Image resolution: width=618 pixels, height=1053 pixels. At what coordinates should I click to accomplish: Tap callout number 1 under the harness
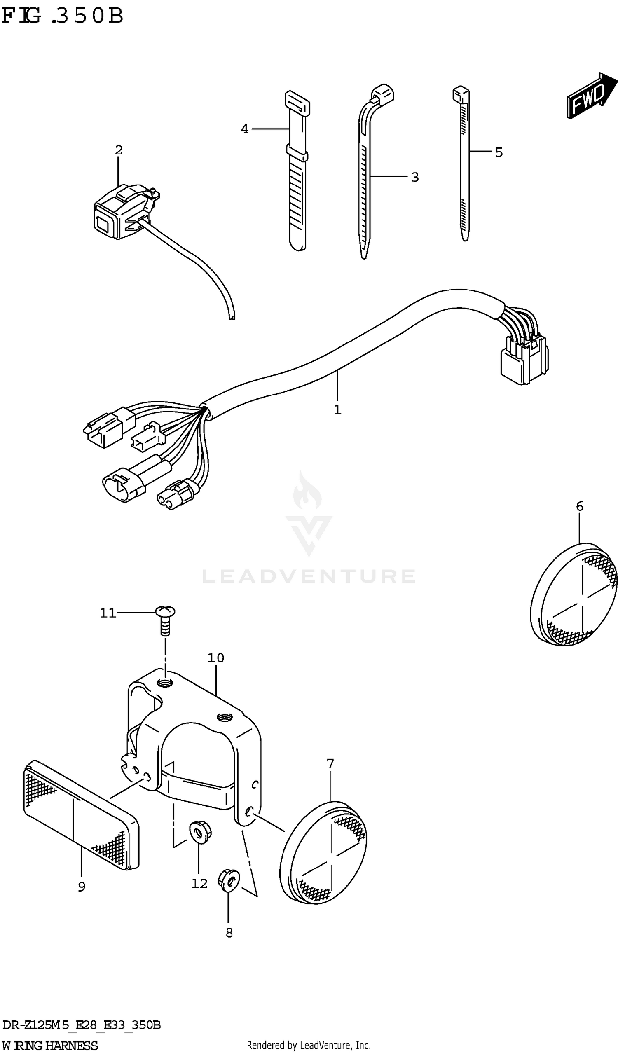point(337,410)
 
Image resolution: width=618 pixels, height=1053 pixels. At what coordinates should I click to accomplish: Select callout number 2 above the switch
point(119,150)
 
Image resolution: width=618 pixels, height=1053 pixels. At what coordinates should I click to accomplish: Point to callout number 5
point(499,152)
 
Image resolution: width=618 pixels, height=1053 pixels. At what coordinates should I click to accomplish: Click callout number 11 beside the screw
point(108,613)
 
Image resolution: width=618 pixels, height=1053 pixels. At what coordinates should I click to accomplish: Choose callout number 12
point(199,883)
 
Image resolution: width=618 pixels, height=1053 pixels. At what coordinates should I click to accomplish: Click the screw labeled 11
point(166,620)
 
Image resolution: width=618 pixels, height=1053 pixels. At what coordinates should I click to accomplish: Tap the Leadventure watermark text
point(309,576)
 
